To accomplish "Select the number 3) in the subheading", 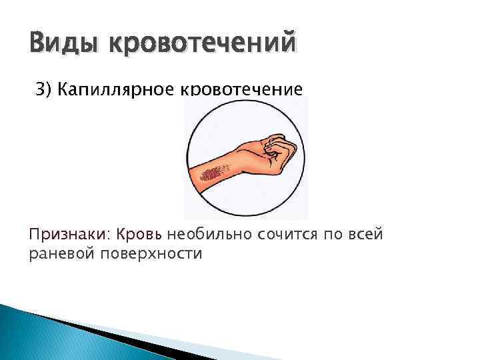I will point(43,89).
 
